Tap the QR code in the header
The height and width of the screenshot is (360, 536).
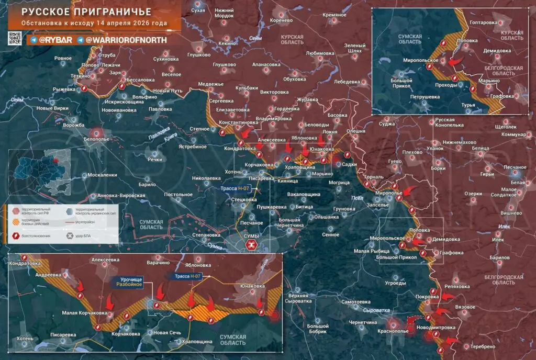pos(15,39)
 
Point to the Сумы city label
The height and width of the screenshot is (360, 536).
pos(251,237)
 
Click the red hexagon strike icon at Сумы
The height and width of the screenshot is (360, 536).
pos(252,245)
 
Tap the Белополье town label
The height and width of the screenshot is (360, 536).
pos(96,140)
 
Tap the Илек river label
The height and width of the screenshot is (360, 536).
pos(505,227)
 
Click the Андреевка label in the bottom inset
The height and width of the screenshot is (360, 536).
pos(48,274)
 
